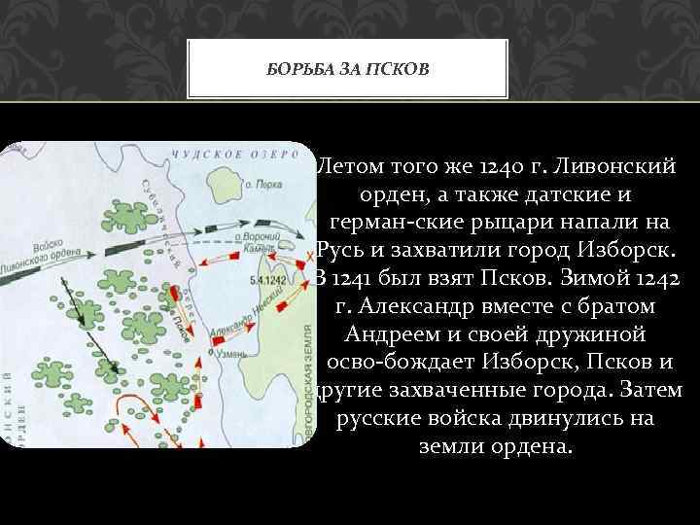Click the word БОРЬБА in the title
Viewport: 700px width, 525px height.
[302, 70]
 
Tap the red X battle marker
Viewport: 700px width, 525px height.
[281, 250]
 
